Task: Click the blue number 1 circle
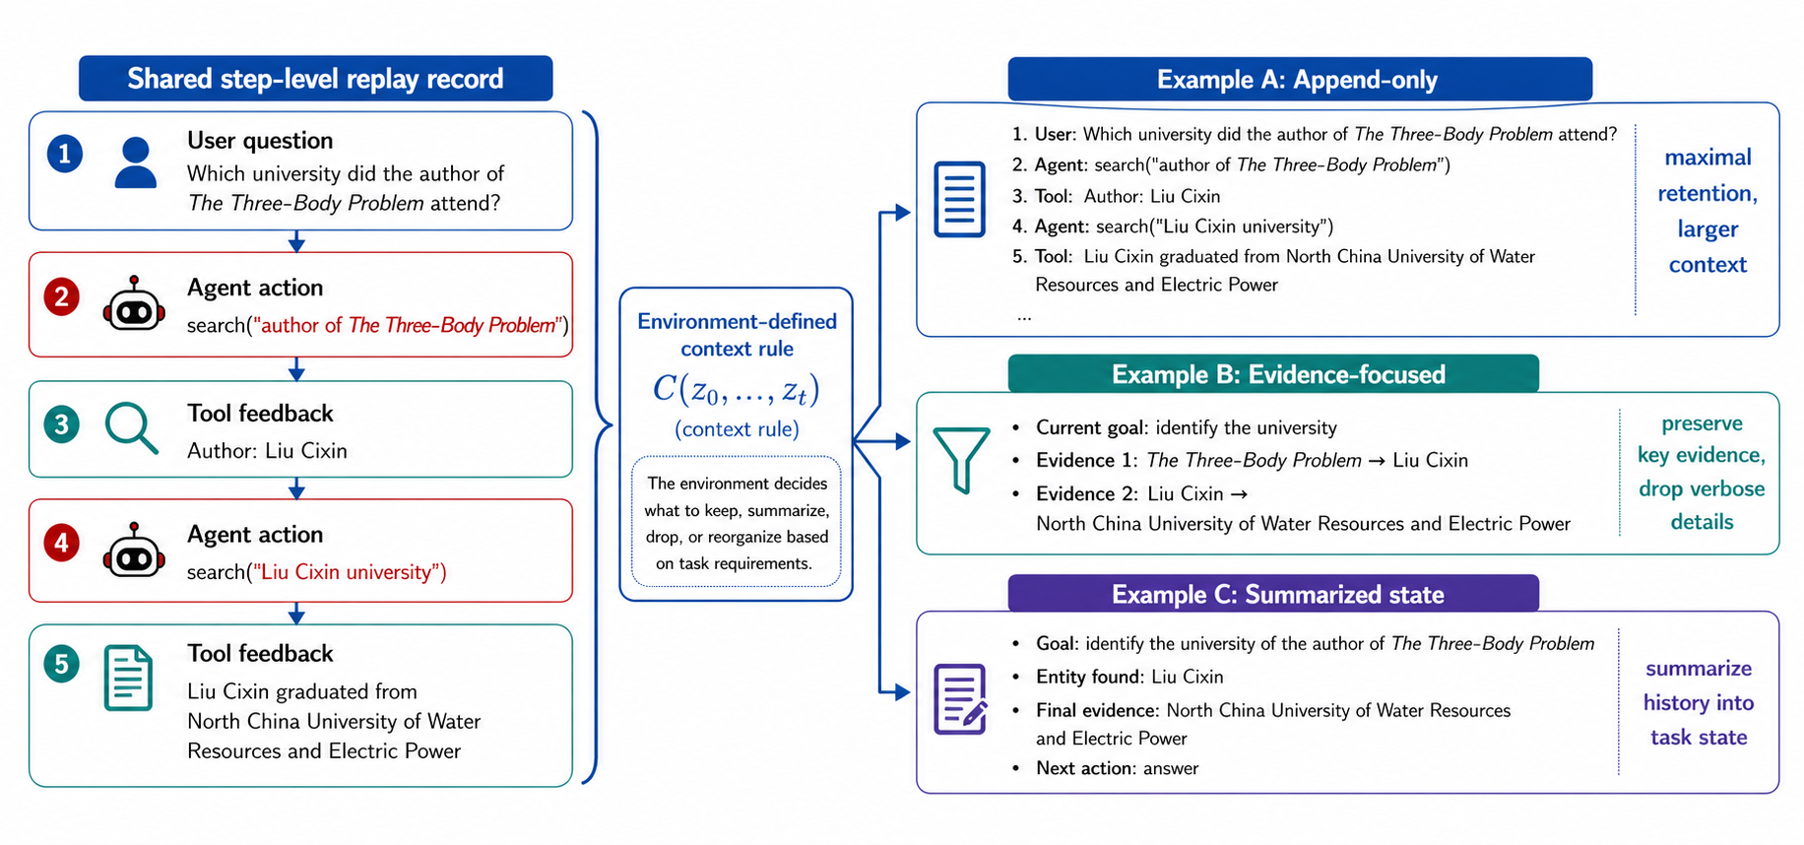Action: click(65, 154)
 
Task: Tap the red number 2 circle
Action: click(61, 296)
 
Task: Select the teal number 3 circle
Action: click(61, 424)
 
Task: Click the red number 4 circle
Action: click(61, 543)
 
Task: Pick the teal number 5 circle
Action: click(61, 665)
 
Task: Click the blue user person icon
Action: click(136, 162)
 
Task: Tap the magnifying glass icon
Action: click(132, 428)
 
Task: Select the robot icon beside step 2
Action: click(134, 304)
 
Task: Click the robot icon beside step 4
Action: click(134, 551)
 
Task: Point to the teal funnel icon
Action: click(961, 459)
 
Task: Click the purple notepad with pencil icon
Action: click(960, 699)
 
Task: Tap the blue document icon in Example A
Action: click(959, 199)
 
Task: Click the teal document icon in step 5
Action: click(129, 678)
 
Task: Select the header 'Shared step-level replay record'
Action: click(315, 79)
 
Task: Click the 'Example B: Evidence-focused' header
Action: click(1278, 374)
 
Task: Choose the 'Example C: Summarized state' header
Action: click(1278, 594)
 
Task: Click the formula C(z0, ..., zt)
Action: click(737, 390)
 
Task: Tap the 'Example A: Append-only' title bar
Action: click(1300, 80)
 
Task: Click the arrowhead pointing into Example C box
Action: click(902, 692)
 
